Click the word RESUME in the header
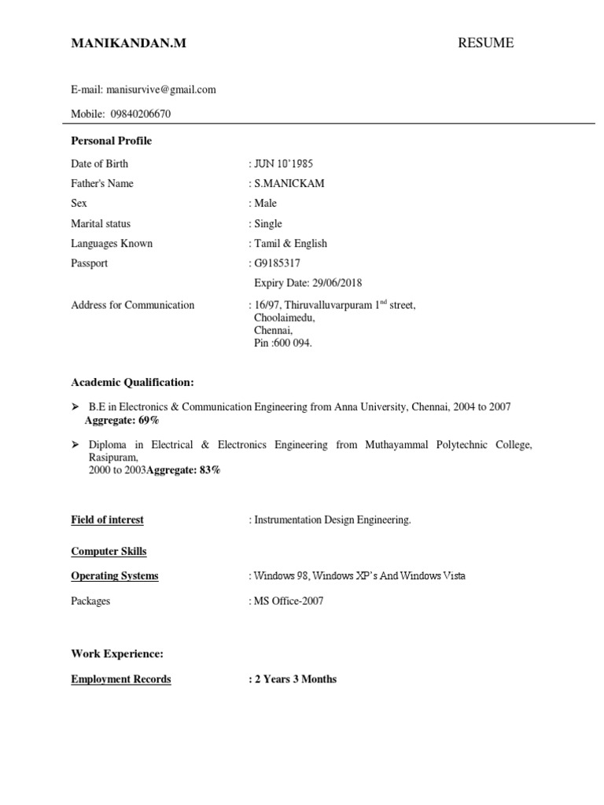[x=485, y=43]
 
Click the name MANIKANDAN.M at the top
[x=129, y=44]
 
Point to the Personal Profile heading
[x=111, y=141]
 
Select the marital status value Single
[x=268, y=223]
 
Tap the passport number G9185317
[x=277, y=263]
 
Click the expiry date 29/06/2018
[x=334, y=283]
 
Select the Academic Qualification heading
[x=132, y=382]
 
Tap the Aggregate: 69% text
[x=121, y=420]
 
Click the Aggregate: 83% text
[x=183, y=470]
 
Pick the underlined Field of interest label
[x=107, y=520]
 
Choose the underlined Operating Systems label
[x=115, y=575]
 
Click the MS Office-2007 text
[x=288, y=601]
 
